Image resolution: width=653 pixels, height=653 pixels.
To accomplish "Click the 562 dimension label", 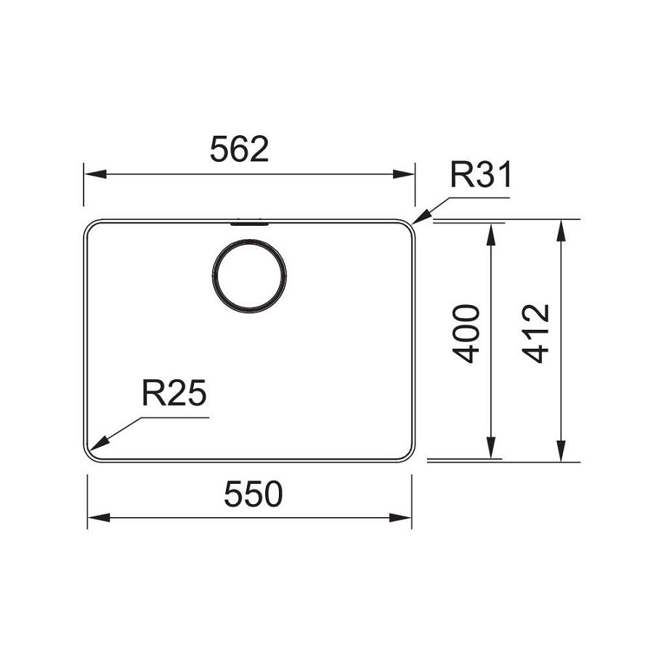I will (x=239, y=150).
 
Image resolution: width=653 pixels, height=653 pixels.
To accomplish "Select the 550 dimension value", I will (x=252, y=495).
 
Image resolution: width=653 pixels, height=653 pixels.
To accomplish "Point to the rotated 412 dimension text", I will (x=537, y=333).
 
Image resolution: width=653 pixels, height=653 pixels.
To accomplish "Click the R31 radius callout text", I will (x=481, y=176).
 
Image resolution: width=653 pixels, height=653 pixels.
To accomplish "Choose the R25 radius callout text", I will (x=174, y=394).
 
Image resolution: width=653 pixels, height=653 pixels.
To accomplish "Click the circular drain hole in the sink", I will (x=249, y=276).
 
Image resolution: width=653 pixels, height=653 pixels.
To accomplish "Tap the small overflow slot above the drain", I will (x=249, y=224).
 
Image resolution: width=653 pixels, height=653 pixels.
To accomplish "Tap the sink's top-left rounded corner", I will (x=89, y=226).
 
